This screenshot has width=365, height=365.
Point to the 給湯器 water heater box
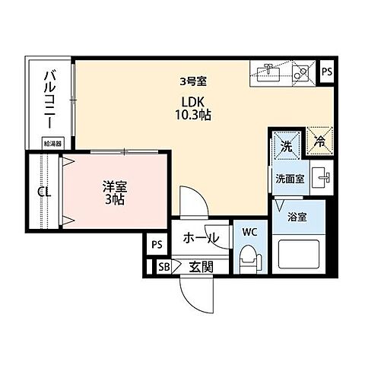coord(53,143)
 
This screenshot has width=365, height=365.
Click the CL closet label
coord(45,192)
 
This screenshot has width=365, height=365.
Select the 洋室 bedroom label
coord(114,184)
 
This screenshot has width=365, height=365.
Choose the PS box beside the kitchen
coord(327,72)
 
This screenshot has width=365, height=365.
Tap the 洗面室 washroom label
coord(289,180)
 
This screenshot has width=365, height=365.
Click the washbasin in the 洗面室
coord(322,177)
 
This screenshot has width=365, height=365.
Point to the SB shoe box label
coord(163,266)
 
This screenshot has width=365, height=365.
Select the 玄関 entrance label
coord(200,266)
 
